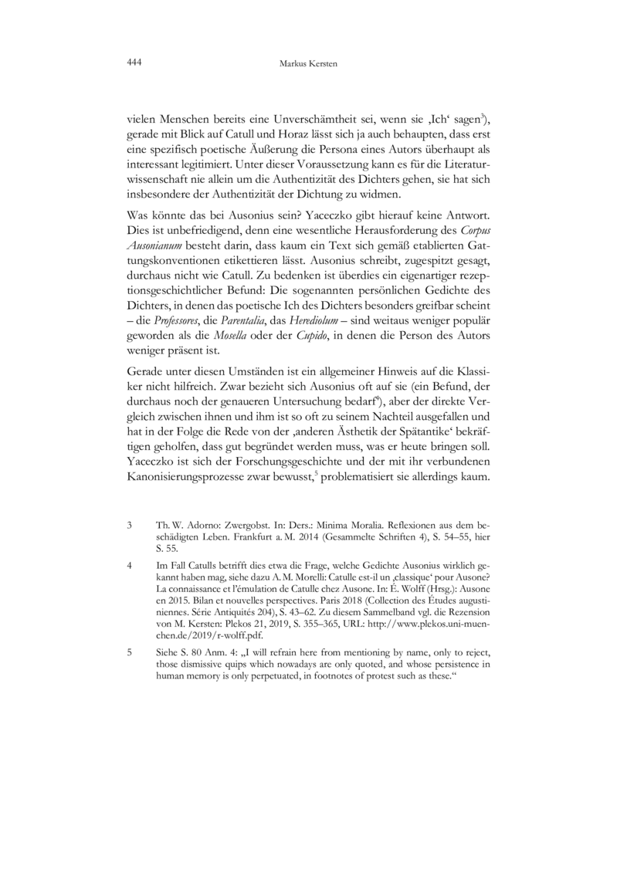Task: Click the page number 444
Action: pos(134,63)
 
